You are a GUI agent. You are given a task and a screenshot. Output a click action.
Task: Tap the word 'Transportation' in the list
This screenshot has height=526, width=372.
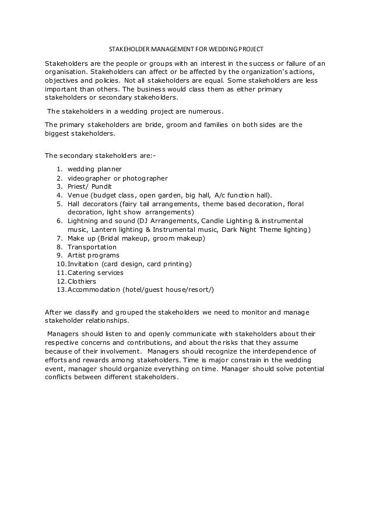92,247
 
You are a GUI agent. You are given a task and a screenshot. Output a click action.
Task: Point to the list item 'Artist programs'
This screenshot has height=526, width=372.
93,255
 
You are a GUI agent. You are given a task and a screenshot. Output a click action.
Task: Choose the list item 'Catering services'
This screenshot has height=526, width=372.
96,273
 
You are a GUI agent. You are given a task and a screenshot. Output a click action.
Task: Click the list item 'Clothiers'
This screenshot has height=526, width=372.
82,281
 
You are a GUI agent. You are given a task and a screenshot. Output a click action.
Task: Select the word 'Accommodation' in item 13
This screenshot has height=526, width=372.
93,290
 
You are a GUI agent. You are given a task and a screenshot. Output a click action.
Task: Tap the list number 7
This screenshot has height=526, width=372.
59,238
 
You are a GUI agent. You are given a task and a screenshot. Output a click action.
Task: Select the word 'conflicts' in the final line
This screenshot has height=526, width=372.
61,377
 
